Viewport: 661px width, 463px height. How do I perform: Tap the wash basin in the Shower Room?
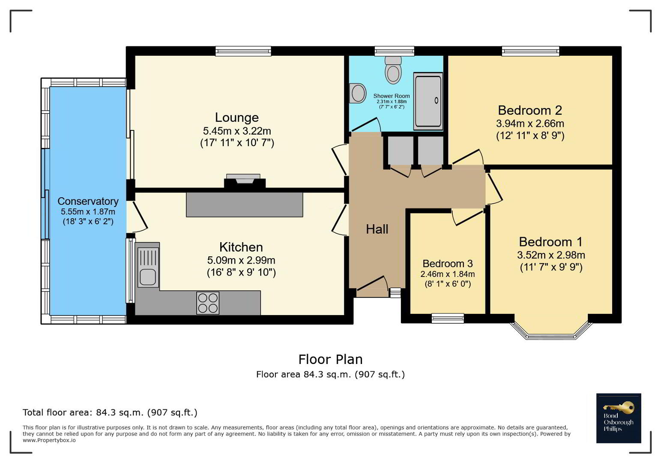[x=357, y=93]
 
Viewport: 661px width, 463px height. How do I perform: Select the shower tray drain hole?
[x=437, y=100]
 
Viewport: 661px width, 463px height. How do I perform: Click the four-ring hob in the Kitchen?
[x=208, y=303]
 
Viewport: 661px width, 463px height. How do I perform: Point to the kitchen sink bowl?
[x=147, y=277]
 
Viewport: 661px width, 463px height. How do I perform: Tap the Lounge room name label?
[x=236, y=117]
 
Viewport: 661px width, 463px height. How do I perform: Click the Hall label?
[x=377, y=229]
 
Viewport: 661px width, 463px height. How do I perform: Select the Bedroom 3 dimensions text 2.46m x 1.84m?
[x=447, y=274]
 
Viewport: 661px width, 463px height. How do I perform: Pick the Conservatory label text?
[x=88, y=201]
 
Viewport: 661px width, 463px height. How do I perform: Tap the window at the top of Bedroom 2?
[x=531, y=51]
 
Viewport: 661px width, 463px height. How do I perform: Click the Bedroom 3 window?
[x=448, y=318]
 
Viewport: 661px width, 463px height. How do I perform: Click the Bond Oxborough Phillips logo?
[x=619, y=418]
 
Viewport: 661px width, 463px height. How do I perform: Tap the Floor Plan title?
[x=331, y=359]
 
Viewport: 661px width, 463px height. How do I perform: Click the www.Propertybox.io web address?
[x=49, y=440]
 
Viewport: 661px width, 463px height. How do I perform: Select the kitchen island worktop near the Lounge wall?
[x=244, y=204]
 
